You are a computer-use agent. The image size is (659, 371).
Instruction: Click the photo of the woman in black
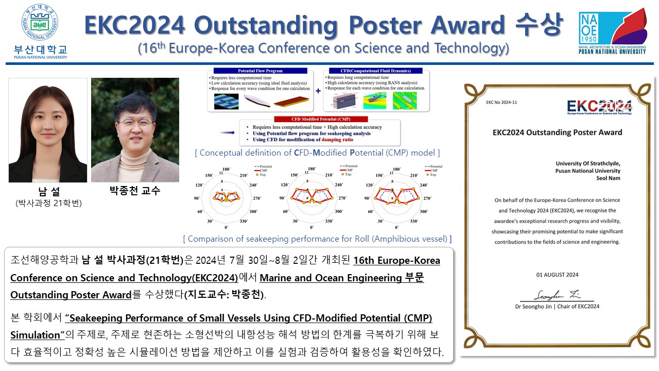[48, 130]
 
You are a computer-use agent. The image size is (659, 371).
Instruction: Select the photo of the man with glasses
[135, 130]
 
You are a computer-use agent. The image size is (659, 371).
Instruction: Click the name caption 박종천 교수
[135, 191]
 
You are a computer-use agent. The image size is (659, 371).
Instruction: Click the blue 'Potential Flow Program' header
[261, 71]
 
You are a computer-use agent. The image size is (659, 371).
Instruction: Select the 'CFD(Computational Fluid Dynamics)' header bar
[375, 71]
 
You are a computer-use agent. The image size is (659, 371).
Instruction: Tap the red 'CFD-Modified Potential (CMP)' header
[306, 119]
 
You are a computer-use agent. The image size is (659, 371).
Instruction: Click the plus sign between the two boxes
[318, 90]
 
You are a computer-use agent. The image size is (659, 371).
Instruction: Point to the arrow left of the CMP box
[227, 132]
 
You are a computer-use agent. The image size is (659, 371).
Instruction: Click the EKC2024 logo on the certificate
[599, 107]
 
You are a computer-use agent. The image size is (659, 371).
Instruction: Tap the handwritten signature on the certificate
[550, 295]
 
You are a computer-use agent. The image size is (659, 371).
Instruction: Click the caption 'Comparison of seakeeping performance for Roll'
[317, 239]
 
